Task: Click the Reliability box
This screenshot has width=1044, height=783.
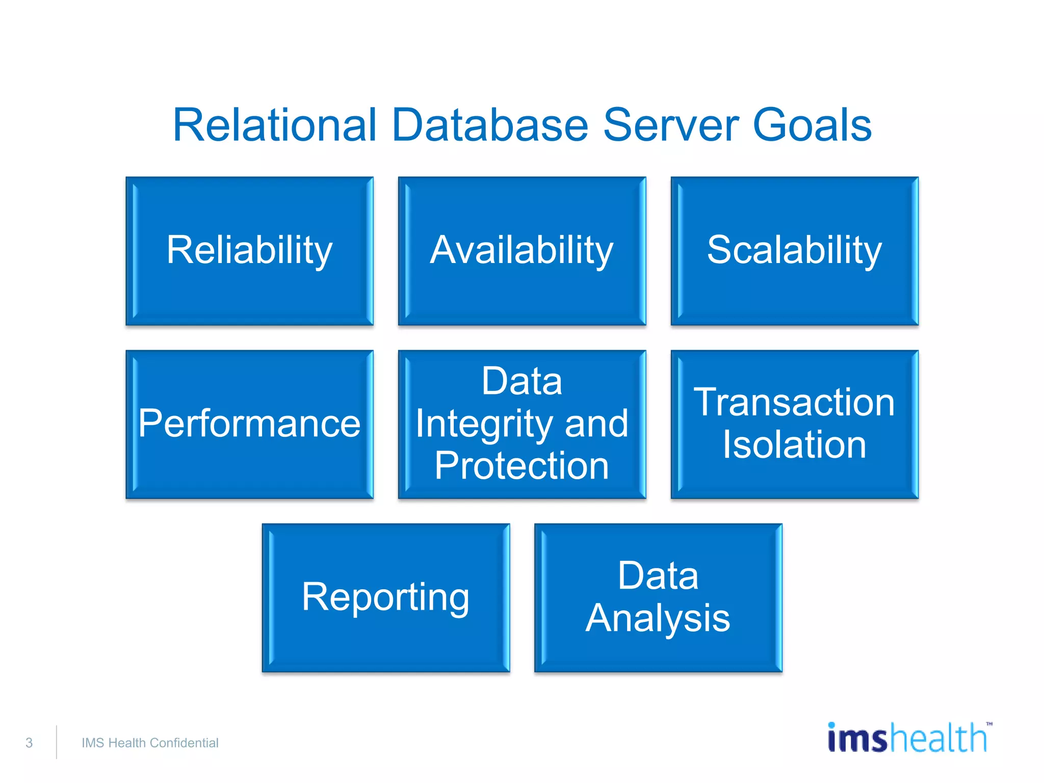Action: (x=249, y=251)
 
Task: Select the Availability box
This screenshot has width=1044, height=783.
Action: (x=521, y=251)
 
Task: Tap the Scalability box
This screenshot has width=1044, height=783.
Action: (x=794, y=251)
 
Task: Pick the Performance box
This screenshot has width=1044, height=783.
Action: (x=249, y=424)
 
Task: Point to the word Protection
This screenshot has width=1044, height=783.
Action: (x=521, y=466)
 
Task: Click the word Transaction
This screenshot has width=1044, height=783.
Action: (x=794, y=403)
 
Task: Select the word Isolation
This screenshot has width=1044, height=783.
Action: (x=794, y=445)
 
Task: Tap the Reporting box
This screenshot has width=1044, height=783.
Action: (x=385, y=597)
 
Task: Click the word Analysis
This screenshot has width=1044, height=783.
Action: (x=658, y=618)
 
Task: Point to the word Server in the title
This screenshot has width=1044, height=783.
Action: (x=670, y=125)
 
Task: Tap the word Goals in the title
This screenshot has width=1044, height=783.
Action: (x=812, y=125)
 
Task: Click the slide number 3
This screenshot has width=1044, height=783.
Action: (x=29, y=743)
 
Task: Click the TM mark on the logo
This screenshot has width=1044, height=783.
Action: (x=989, y=724)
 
